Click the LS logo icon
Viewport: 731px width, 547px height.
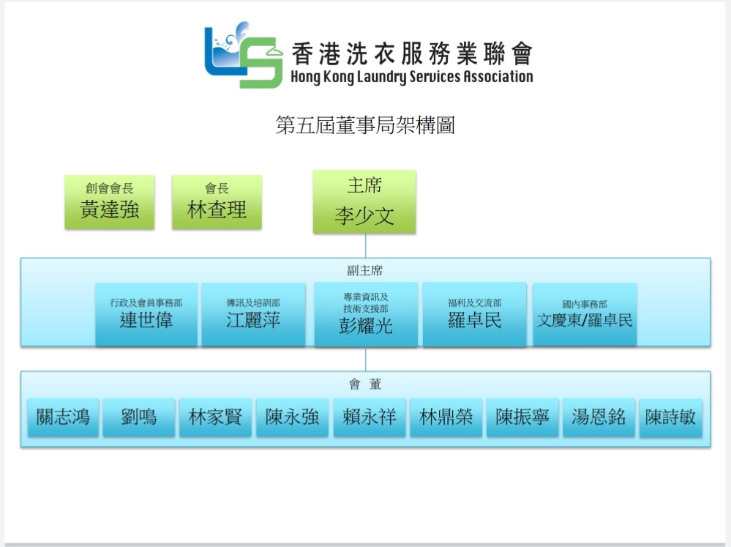[x=244, y=55]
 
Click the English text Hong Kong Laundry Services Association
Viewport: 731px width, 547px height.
[x=412, y=77]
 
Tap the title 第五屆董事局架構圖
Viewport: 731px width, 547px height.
[x=365, y=125]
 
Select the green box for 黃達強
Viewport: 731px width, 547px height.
[x=110, y=202]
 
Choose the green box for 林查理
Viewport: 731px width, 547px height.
[x=217, y=202]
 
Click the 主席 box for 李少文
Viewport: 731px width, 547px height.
[x=364, y=201]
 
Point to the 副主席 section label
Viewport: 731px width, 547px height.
[x=365, y=270]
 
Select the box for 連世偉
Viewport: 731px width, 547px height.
[x=146, y=315]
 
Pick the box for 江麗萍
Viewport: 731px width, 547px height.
[x=254, y=315]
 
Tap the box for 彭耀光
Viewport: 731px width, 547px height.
[x=366, y=315]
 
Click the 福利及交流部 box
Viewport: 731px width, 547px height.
[x=475, y=315]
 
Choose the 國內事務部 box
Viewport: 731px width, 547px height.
[x=585, y=315]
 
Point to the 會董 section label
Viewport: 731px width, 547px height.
[x=365, y=384]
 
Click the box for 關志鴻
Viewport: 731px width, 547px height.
[x=63, y=417]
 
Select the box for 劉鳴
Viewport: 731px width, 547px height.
[x=139, y=417]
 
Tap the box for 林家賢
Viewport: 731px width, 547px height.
[x=215, y=417]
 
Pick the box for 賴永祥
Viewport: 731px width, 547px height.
[x=370, y=417]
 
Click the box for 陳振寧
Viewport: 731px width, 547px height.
[x=522, y=417]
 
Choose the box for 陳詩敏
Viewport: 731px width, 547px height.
[x=670, y=417]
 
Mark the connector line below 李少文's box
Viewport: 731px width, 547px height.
[x=366, y=245]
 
